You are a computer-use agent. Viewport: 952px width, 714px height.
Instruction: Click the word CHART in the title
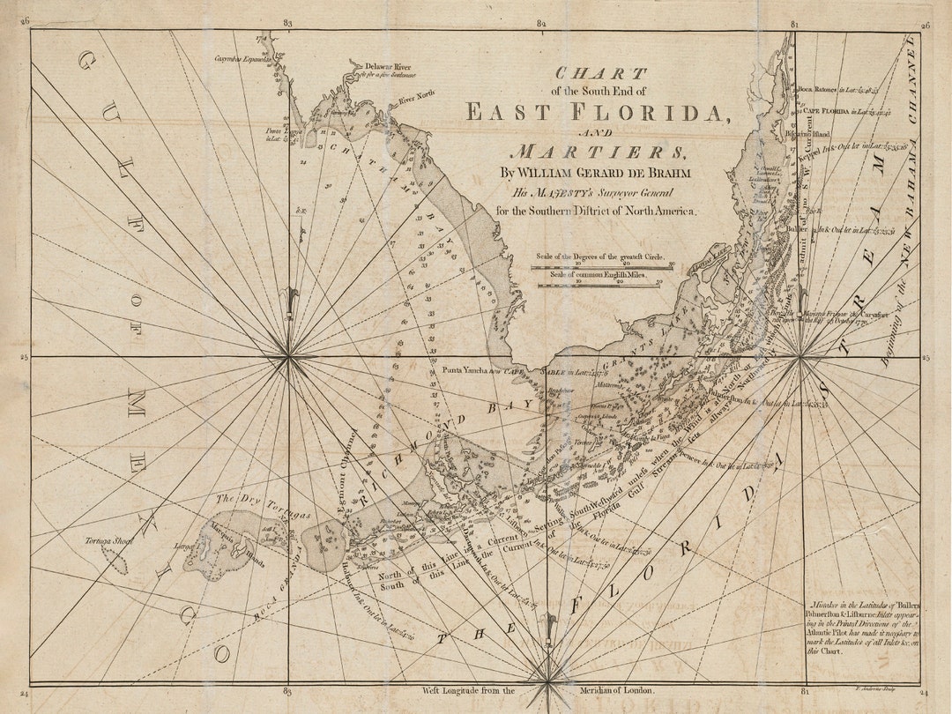[600, 73]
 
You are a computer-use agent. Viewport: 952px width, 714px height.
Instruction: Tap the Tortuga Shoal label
[109, 540]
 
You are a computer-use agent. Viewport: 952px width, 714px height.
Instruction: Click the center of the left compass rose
[288, 356]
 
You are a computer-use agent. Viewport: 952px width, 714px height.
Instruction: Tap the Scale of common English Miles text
[599, 276]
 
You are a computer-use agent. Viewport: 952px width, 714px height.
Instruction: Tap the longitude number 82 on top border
[542, 23]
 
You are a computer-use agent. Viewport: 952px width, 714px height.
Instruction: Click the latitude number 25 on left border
[25, 357]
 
